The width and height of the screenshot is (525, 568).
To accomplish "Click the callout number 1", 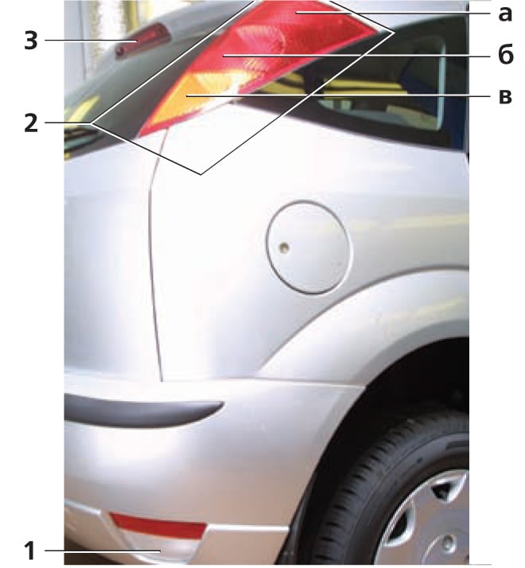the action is pos(30,550).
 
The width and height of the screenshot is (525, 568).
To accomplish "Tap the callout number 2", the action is pos(31,123).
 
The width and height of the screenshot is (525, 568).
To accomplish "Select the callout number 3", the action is pos(31,41).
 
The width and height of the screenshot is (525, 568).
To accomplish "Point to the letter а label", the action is pos(504,14).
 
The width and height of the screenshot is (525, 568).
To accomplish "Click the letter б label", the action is pos(505,55).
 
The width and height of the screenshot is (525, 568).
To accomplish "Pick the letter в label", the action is pos(505,97).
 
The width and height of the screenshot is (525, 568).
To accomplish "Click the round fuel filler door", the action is pos(309,247).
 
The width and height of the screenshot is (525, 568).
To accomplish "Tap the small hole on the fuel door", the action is pos(284,247).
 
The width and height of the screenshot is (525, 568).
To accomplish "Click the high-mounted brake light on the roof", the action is pos(142,41).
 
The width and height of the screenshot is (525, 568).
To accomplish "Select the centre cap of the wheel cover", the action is pos(449,543).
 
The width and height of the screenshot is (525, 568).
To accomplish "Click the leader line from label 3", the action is pos(91,41).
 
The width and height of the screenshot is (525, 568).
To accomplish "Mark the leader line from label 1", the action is pos(103,551).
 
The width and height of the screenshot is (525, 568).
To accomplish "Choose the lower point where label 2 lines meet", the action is pos(201,174).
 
